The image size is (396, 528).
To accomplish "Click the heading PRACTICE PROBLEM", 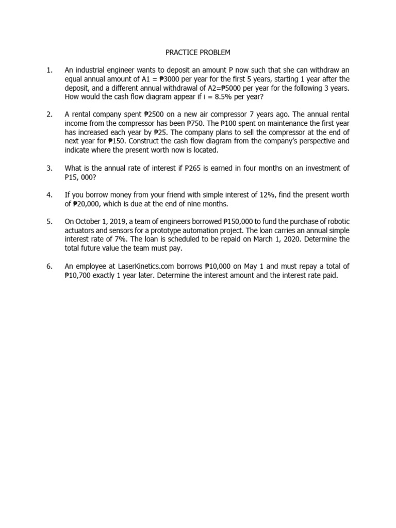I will (x=199, y=53).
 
